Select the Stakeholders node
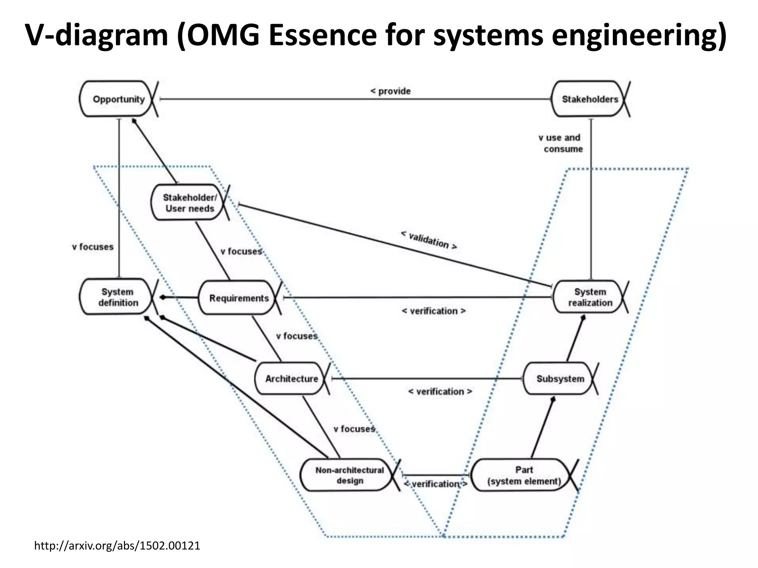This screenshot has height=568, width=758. coord(590,99)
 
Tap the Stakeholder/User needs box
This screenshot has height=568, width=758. coord(189,203)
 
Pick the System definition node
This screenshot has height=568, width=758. coord(118,297)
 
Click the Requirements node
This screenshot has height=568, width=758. coord(239,298)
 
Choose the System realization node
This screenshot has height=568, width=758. coord(590,297)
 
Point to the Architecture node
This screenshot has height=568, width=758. coord(291,379)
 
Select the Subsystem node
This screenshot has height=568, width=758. coord(560,379)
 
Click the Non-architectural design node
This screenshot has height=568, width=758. coord(349,475)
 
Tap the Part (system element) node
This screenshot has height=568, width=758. coord(524,475)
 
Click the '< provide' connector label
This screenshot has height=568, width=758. coord(390,91)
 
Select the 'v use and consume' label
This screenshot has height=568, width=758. coord(560,143)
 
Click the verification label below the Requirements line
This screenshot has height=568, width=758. coord(433,311)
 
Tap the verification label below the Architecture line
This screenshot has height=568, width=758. coord(440,392)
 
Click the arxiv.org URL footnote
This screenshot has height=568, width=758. coord(117,545)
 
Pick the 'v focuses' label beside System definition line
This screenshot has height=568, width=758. coord(93,247)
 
